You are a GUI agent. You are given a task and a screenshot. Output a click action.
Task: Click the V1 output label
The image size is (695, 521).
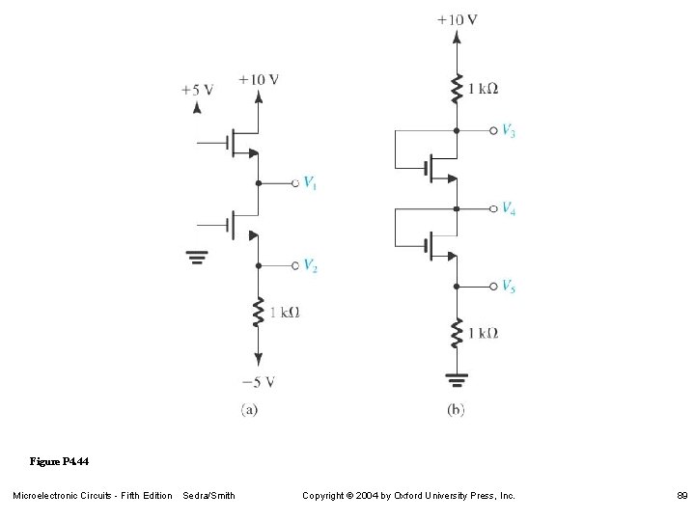tap(310, 182)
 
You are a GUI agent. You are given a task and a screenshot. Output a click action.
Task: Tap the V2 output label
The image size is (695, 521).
tap(311, 265)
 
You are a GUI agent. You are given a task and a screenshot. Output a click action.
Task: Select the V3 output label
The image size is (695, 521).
tap(508, 130)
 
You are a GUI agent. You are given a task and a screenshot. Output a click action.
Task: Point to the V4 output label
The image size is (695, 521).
tap(508, 208)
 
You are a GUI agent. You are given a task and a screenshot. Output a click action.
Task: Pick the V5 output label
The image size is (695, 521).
tap(508, 286)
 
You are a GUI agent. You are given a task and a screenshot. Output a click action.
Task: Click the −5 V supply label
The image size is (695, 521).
tap(259, 380)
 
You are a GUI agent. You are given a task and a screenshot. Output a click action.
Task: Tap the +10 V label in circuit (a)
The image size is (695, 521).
tap(259, 79)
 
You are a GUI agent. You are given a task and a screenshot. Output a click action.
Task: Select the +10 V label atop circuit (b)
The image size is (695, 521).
tap(458, 19)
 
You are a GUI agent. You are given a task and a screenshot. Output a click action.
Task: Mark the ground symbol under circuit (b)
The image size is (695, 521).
tap(456, 379)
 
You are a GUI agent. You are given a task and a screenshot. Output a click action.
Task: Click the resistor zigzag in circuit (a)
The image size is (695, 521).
tap(259, 313)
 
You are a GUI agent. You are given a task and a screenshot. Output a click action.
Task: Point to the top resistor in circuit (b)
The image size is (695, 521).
tap(456, 88)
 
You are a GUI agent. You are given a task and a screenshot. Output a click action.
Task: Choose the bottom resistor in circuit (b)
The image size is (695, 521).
tap(456, 333)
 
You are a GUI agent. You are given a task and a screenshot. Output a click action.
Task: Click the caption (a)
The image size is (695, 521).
tap(249, 410)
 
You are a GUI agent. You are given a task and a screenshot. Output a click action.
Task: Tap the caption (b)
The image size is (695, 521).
tap(456, 410)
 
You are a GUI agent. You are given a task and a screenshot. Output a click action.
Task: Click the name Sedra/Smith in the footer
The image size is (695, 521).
tap(208, 496)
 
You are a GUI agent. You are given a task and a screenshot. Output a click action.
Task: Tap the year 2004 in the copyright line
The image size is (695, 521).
tap(375, 496)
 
